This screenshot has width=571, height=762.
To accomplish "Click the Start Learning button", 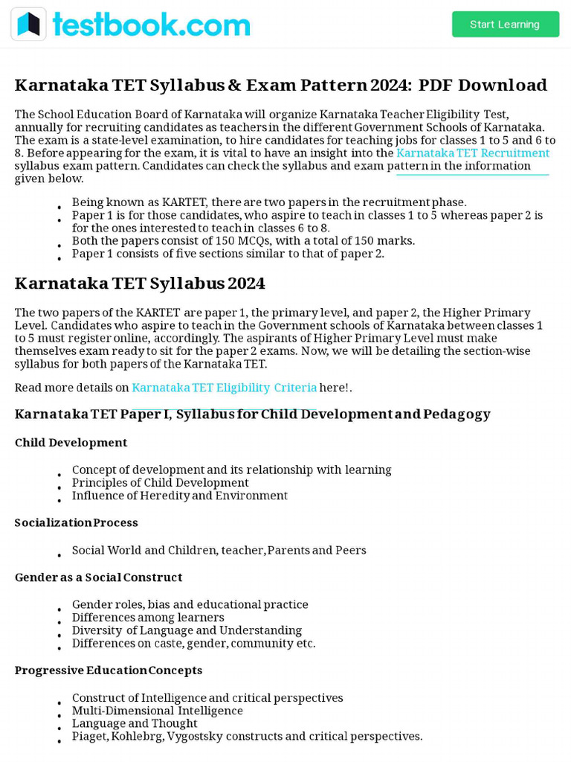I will [x=505, y=25].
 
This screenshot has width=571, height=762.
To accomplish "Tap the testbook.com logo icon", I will [x=28, y=25].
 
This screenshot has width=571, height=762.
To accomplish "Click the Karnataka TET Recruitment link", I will [x=473, y=153].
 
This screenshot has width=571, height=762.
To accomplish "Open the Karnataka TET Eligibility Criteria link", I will [x=224, y=388].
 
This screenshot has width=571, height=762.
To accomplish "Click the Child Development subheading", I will [x=71, y=443].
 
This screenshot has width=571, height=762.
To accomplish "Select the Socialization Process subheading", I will [x=76, y=523].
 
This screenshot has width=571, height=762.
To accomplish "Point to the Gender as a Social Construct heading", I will [x=98, y=577].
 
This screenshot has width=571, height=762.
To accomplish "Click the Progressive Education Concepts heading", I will [x=109, y=670].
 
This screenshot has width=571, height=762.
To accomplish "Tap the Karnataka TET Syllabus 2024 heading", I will [x=140, y=284].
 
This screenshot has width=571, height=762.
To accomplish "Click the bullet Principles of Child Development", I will [x=160, y=483].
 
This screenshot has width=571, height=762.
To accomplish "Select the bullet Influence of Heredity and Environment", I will [x=179, y=496].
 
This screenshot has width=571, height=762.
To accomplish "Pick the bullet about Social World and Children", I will [x=219, y=551].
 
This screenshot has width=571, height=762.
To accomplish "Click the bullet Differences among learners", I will [x=147, y=618].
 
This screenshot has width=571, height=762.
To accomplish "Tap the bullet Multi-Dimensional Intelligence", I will [x=157, y=711].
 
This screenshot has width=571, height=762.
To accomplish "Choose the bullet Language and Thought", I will [x=135, y=723].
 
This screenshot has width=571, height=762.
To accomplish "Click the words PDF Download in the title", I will [x=483, y=85].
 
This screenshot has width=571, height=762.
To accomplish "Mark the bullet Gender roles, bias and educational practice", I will [x=190, y=605].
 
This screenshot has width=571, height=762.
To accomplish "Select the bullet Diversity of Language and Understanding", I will [x=187, y=630].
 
